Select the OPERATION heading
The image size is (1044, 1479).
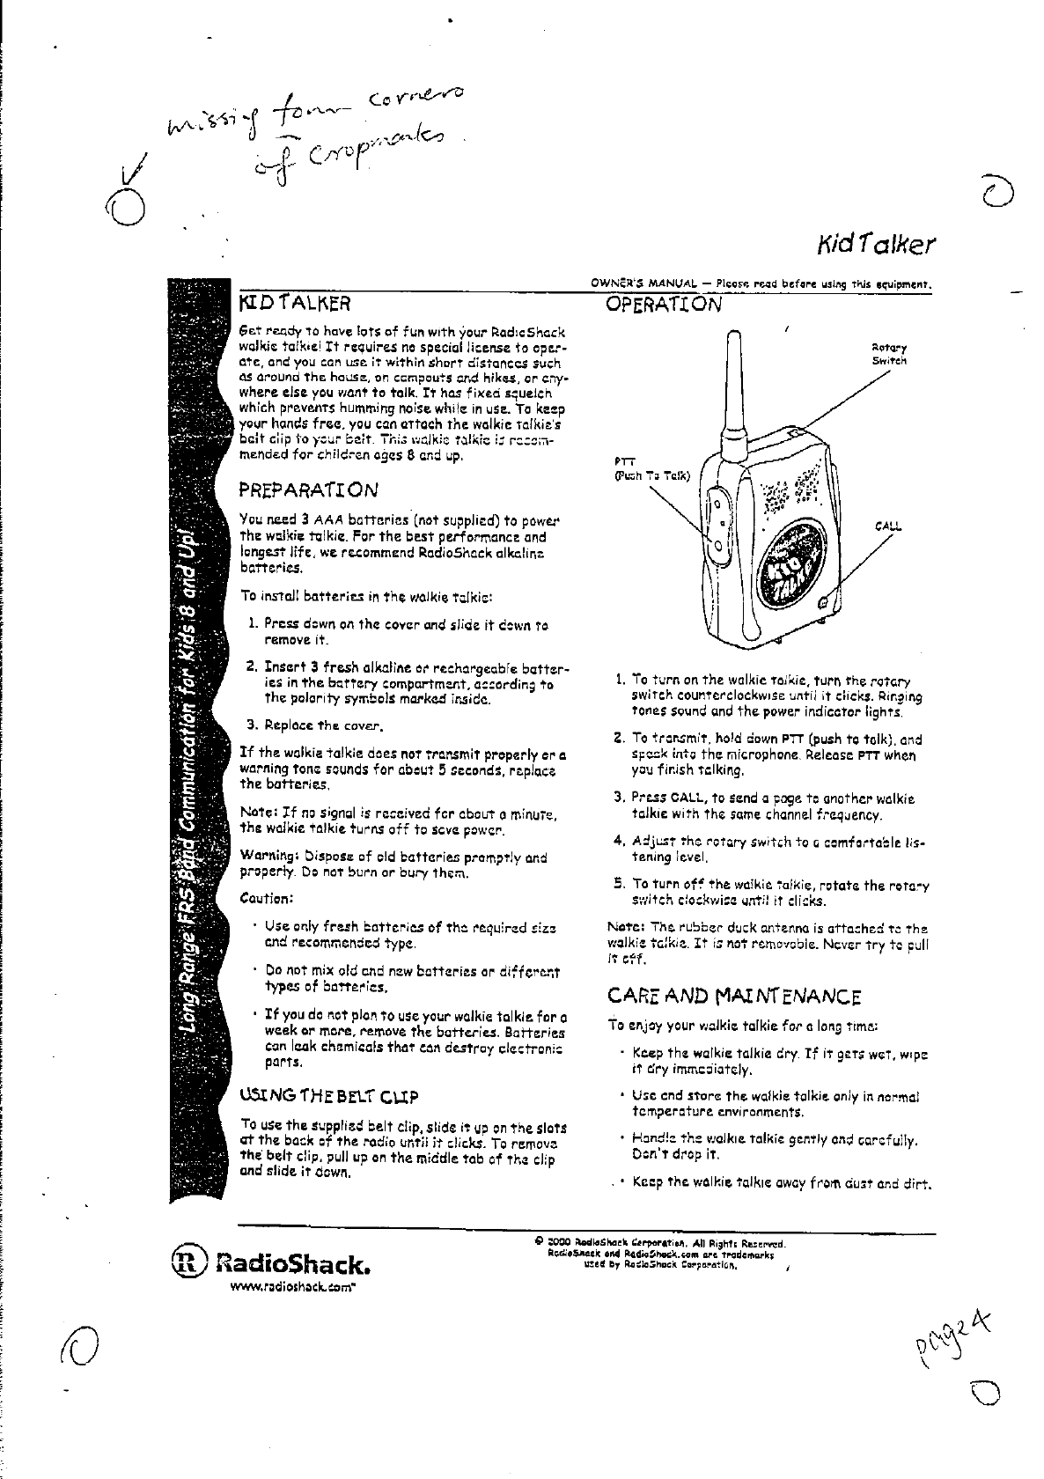point(664,305)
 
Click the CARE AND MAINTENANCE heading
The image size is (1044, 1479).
point(734,997)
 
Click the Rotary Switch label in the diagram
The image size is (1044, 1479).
point(889,354)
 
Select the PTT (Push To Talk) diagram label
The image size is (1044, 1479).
point(651,472)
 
